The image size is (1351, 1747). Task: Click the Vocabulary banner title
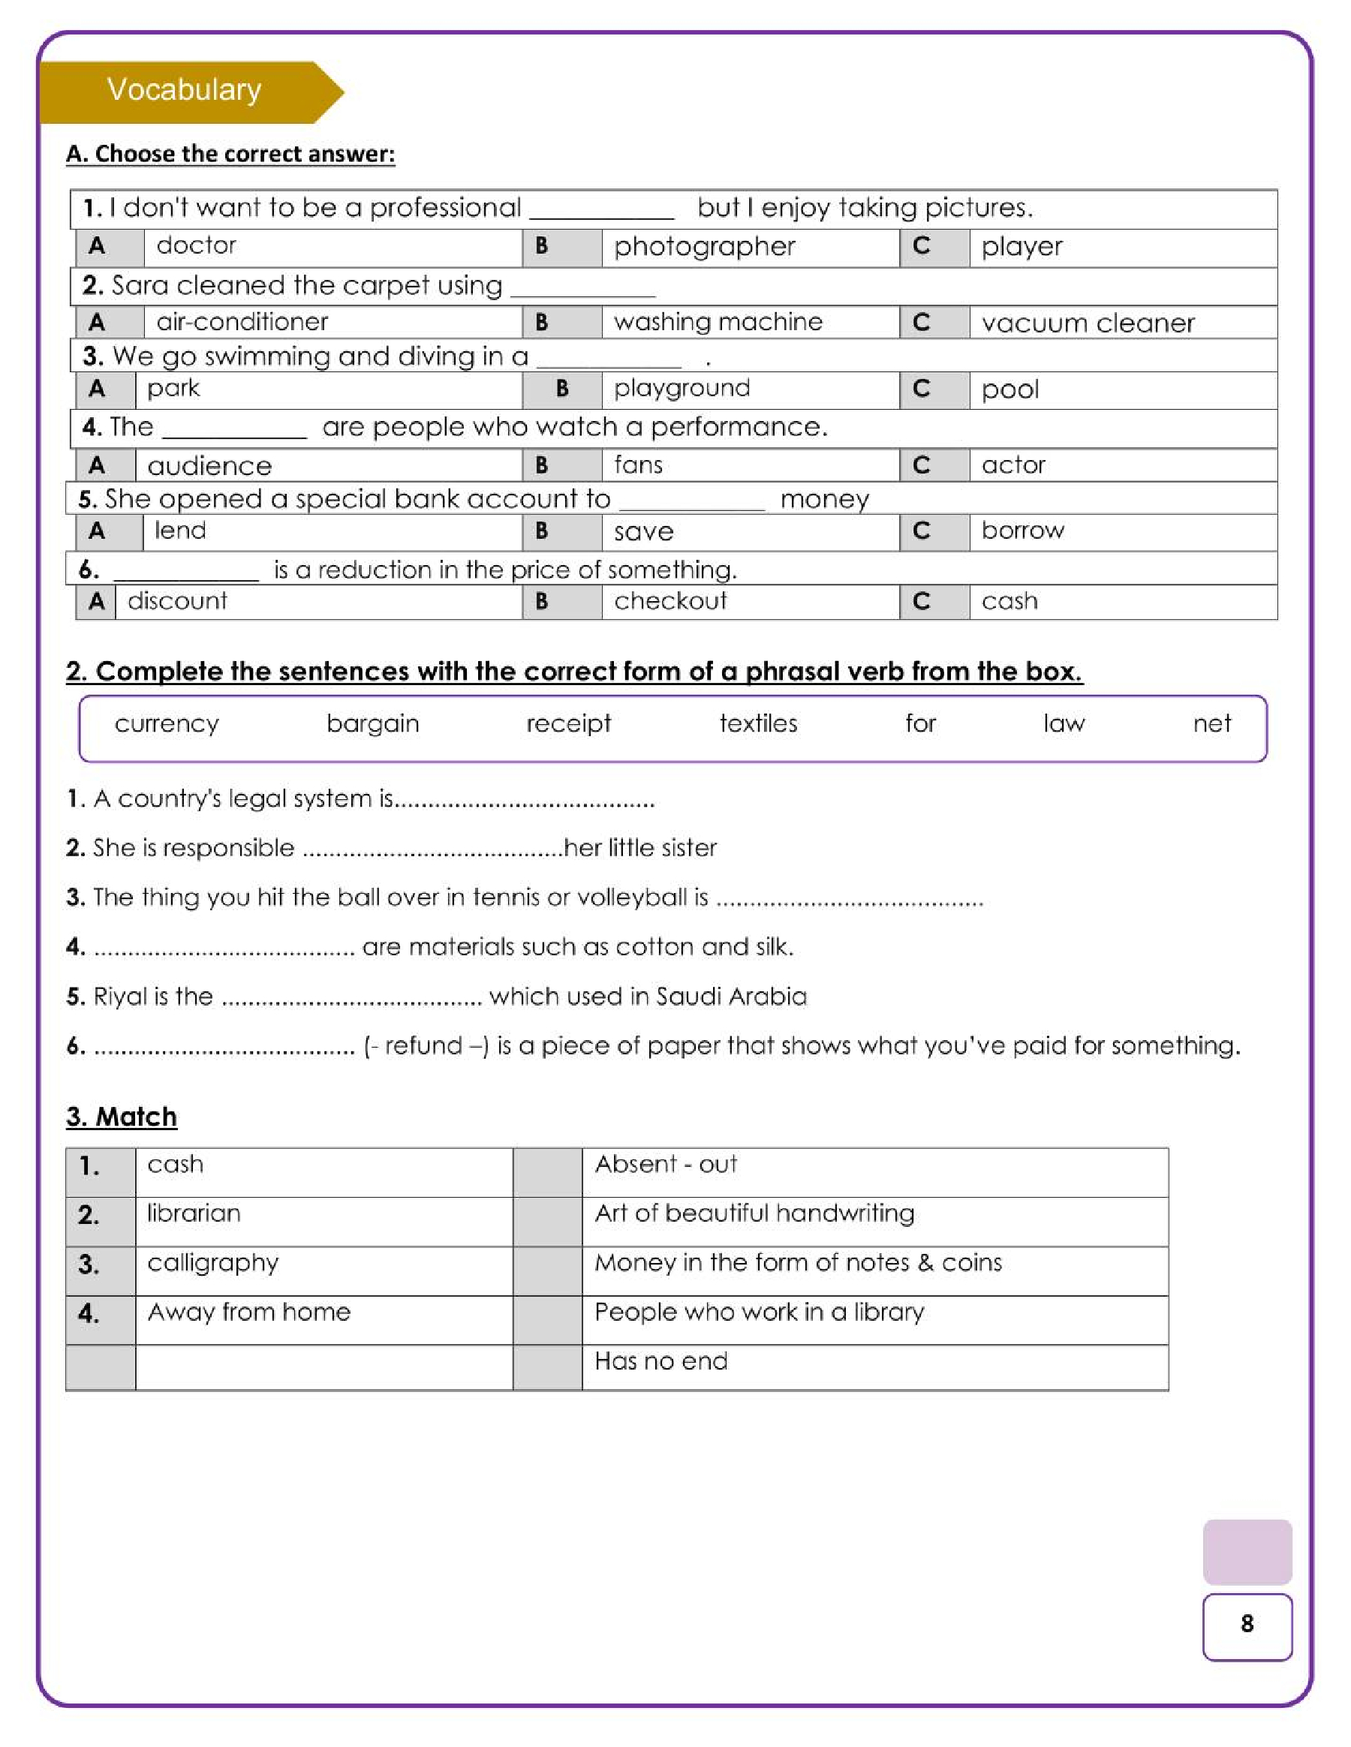(184, 89)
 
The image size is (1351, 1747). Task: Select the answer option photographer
(704, 246)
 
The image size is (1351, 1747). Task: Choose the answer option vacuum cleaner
(1088, 323)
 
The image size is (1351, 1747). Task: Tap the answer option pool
(1010, 389)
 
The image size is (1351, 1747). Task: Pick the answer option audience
(209, 465)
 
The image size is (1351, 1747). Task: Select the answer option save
(644, 532)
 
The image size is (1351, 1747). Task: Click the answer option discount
(177, 601)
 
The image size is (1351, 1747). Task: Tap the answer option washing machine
(718, 322)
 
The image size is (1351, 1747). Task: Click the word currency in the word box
(167, 724)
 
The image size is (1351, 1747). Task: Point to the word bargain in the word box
(373, 724)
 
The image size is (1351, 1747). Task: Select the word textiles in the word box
(758, 724)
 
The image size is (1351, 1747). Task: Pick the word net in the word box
(1212, 724)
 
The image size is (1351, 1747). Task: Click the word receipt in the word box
(568, 724)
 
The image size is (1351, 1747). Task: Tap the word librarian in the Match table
(194, 1213)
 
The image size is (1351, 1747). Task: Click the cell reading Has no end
(660, 1361)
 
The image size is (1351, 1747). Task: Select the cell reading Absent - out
(666, 1164)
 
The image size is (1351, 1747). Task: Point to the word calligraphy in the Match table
(212, 1263)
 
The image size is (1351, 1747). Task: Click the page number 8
(1246, 1623)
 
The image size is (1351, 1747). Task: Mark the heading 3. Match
(122, 1117)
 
